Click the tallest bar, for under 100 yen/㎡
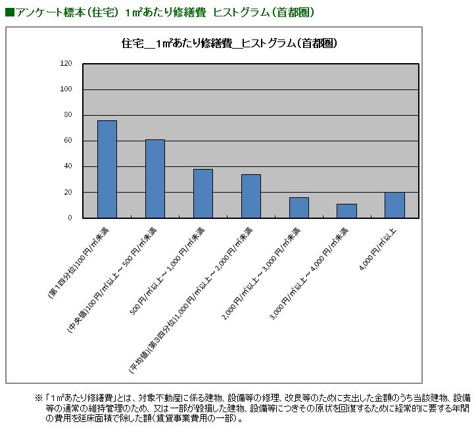click(107, 169)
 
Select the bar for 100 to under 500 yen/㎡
click(155, 178)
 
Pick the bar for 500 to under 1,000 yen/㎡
click(202, 193)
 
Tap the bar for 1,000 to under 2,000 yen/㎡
click(250, 196)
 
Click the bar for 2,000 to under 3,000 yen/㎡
click(298, 208)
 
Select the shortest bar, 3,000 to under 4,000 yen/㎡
click(346, 211)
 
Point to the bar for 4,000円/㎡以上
click(394, 205)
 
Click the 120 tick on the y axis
click(66, 64)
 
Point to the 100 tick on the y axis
click(66, 89)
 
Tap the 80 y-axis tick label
click(68, 115)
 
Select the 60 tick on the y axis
click(68, 141)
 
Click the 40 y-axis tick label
click(68, 166)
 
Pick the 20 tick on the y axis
click(68, 192)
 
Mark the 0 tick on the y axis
click(70, 218)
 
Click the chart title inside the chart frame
click(230, 43)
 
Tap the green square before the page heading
click(9, 12)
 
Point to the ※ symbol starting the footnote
click(38, 398)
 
